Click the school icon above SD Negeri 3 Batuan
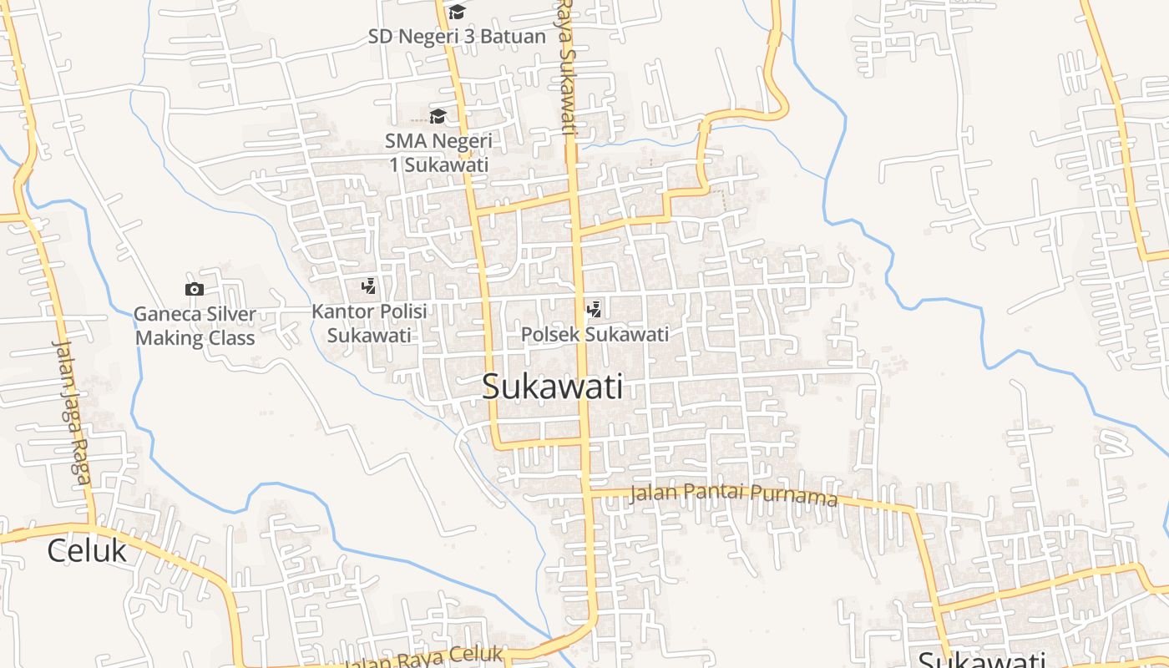pos(457,12)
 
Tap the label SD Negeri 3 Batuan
pos(457,37)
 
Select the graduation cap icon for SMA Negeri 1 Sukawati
pos(438,116)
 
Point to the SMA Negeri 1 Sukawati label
pos(438,152)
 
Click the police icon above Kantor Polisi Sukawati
pos(368,287)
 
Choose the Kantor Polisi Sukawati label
pos(369,323)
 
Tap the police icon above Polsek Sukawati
pos(595,310)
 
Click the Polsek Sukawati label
pos(595,335)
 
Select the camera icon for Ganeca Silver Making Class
pos(195,289)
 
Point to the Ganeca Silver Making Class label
pos(195,326)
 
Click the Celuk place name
pos(87,551)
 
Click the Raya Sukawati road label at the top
pos(568,67)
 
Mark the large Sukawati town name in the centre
pos(553,387)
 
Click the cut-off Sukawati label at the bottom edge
pos(982,660)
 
